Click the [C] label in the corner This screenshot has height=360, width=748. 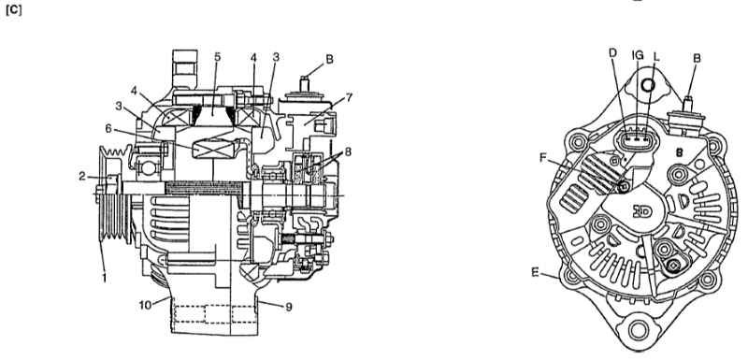click(13, 10)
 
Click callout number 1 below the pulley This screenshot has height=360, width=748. click(105, 277)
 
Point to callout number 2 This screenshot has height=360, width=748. click(82, 177)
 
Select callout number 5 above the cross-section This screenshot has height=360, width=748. click(218, 57)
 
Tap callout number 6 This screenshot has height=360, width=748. click(108, 128)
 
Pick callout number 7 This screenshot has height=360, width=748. click(349, 98)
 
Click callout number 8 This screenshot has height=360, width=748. click(348, 152)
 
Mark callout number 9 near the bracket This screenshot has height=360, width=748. click(288, 308)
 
